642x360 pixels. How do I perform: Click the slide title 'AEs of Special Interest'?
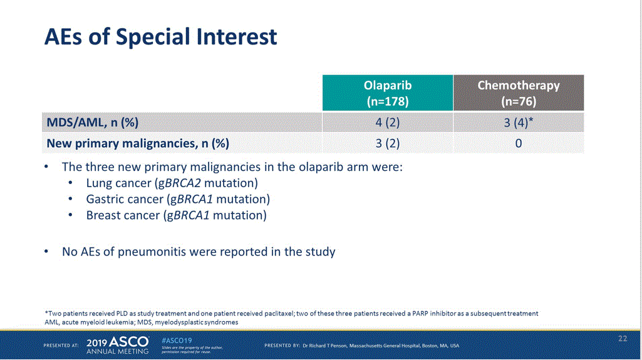160,37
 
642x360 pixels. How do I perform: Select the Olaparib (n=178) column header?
388,93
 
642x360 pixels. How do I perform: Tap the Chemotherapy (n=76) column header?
519,93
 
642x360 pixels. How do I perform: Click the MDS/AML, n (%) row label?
93,122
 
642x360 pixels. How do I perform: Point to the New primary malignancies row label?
138,143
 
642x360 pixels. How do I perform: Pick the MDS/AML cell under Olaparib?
388,122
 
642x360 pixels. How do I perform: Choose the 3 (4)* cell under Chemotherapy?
519,122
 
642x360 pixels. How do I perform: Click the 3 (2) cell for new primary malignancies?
388,143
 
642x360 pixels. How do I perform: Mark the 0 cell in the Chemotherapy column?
519,143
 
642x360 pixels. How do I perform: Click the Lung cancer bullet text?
172,183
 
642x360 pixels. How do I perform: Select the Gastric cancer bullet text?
178,199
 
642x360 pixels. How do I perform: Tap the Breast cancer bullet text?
176,215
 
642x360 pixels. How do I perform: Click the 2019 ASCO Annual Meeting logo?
118,345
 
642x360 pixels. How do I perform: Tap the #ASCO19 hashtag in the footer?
177,341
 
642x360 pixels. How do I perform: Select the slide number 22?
623,338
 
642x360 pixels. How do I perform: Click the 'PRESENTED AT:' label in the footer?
61,346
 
